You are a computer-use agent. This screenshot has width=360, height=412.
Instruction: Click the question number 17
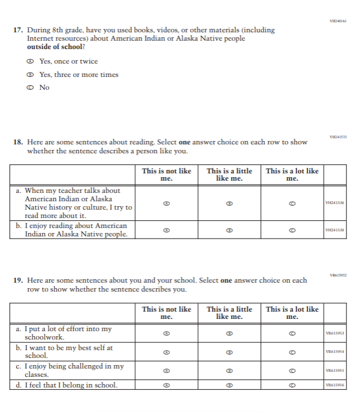coord(17,30)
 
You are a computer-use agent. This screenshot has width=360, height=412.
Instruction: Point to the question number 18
coord(17,142)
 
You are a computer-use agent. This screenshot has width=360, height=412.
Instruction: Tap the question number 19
coord(17,280)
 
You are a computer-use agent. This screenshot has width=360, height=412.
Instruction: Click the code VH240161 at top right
coord(338,21)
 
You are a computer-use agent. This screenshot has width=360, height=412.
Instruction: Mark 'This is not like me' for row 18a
coord(166,203)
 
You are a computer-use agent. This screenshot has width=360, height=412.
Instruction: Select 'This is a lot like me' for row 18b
coord(292,230)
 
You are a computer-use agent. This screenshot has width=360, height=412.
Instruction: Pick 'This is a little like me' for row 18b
coord(229,230)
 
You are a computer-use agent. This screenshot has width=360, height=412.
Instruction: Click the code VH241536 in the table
coord(335,203)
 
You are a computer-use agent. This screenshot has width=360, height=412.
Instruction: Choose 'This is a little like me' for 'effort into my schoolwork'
coord(229,333)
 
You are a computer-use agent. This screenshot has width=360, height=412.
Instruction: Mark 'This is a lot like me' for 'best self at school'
coord(292,352)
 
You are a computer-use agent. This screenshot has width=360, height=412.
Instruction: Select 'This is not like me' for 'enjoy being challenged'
coord(166,371)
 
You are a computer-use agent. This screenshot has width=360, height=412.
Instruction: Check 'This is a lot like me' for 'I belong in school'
coord(292,385)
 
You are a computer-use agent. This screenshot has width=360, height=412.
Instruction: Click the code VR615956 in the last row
coord(335,385)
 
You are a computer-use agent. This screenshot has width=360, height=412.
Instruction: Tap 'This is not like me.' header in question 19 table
coord(166,313)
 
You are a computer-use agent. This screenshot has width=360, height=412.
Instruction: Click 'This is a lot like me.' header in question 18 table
coord(292,175)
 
